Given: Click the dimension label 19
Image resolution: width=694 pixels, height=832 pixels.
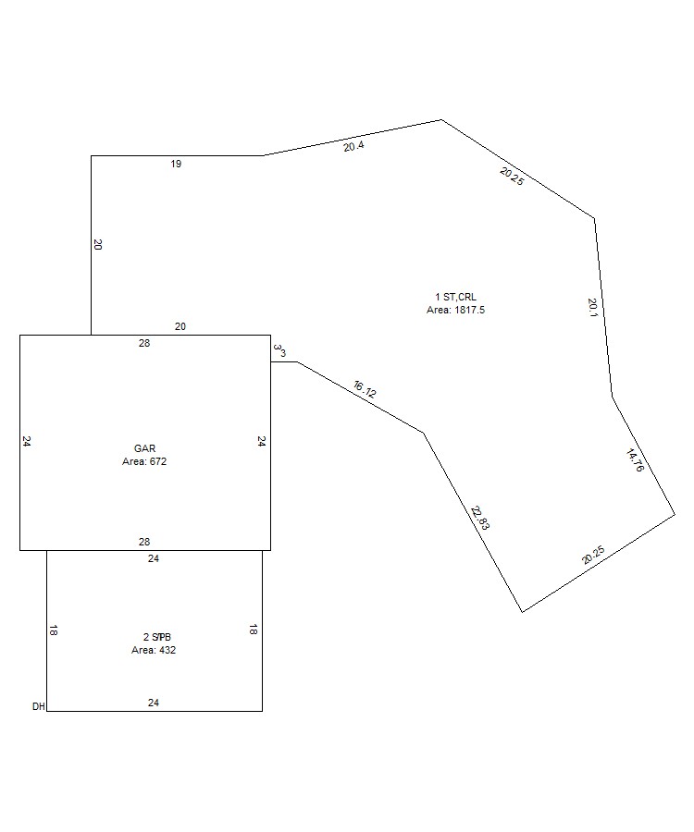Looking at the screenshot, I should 176,165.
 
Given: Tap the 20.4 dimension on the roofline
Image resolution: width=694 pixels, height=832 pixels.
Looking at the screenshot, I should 353,146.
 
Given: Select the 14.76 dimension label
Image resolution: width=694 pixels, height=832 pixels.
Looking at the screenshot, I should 635,460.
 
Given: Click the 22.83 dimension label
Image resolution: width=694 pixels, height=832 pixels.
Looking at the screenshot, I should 480,517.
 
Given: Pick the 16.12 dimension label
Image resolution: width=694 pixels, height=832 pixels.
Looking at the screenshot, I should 365,389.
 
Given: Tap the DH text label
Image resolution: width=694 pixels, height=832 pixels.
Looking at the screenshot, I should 38,706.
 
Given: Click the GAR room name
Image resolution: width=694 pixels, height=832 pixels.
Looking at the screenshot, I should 144,448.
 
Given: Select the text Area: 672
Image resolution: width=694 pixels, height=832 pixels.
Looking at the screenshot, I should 144,460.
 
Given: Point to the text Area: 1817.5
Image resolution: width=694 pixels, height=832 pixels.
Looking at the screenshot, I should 455,310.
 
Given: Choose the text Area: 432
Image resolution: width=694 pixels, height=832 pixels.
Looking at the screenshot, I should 154,650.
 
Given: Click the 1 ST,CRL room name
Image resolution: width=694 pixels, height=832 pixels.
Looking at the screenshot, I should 455,297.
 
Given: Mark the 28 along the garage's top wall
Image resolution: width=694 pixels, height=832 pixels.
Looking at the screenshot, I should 144,343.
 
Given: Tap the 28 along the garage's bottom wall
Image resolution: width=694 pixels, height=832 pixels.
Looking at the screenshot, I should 144,542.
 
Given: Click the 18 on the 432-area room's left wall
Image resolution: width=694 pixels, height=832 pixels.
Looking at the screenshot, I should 54,630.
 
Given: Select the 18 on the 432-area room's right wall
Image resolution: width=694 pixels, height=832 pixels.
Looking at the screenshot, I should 254,630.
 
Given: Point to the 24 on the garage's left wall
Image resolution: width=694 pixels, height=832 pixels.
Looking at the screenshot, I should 27,442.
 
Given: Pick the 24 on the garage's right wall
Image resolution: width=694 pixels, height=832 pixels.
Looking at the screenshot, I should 262,442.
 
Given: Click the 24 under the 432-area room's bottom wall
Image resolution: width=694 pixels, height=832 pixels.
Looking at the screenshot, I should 154,703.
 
